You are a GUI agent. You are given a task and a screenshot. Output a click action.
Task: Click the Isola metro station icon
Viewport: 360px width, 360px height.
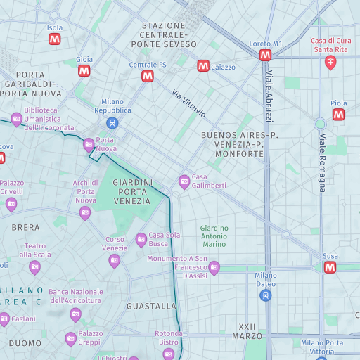(55, 39)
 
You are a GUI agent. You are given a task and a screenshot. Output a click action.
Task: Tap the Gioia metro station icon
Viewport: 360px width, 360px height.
(84, 71)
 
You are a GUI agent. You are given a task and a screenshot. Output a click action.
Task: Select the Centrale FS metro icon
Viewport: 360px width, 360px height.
(148, 76)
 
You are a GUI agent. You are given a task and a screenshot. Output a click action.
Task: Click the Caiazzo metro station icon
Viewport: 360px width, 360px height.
(203, 65)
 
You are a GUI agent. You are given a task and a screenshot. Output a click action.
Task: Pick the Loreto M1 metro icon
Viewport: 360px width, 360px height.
(265, 55)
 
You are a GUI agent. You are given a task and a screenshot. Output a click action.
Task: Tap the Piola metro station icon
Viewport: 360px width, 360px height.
(339, 114)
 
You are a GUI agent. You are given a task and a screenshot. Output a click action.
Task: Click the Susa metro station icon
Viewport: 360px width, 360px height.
(330, 267)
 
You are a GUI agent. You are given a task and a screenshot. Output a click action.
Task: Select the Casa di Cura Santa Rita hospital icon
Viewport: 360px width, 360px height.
(330, 63)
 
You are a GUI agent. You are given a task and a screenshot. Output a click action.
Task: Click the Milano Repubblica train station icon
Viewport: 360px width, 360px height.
(112, 123)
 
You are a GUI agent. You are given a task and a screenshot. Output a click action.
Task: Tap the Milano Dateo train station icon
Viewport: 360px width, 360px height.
(266, 296)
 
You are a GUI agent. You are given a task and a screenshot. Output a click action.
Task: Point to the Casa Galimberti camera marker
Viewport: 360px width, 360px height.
(184, 181)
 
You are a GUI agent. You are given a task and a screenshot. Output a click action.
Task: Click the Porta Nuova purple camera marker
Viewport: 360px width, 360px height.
(89, 146)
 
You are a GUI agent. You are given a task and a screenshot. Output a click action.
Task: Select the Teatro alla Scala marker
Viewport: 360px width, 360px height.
(34, 267)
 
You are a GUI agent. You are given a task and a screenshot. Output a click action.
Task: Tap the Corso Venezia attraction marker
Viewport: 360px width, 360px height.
(115, 261)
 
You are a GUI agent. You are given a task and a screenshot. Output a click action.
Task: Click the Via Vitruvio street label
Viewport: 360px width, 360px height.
(188, 103)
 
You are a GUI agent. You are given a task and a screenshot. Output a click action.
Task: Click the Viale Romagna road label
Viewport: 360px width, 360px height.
(323, 162)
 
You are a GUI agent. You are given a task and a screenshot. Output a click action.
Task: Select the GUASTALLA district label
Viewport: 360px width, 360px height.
(151, 307)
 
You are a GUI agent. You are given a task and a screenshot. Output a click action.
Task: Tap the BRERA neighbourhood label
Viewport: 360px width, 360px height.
(25, 228)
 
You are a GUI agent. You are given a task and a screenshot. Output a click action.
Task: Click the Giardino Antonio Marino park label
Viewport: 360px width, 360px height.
(214, 236)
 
